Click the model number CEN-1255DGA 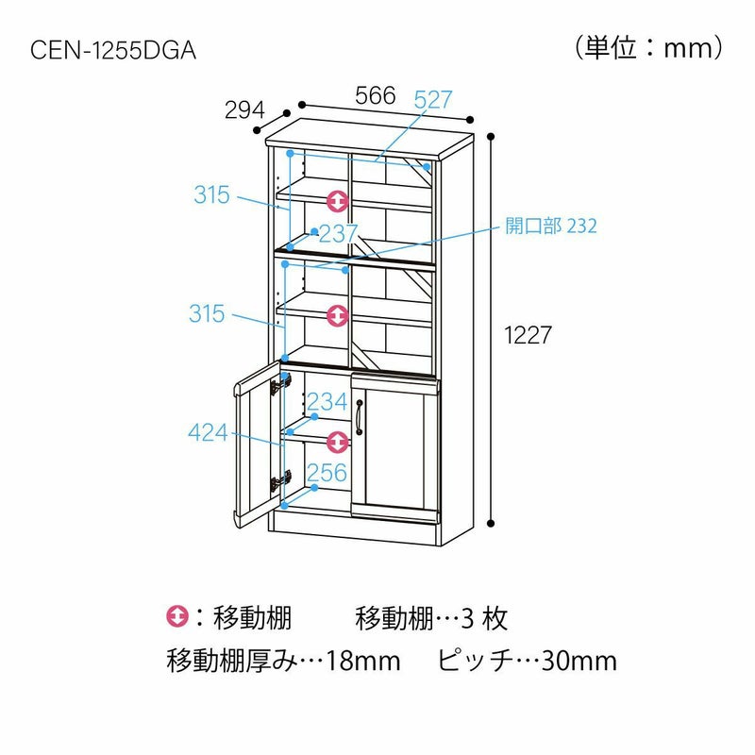(x=113, y=50)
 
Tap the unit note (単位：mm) (x=649, y=47)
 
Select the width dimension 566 (x=375, y=95)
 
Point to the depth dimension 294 (x=243, y=110)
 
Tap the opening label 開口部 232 (x=551, y=226)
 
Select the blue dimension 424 (x=209, y=433)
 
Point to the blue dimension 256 (x=327, y=473)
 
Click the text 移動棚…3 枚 (x=431, y=618)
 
